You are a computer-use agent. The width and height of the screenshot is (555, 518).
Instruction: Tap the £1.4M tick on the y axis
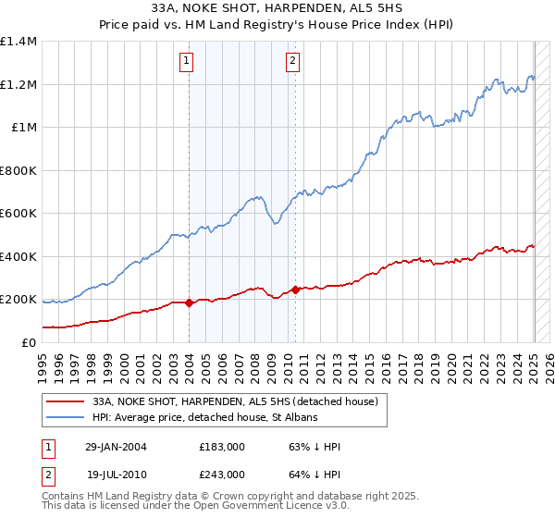point(18,42)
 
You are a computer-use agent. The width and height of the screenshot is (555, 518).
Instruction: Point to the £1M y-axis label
point(24,128)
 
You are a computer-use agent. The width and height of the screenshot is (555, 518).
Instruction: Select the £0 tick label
point(29,342)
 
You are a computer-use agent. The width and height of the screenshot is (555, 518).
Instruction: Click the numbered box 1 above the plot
point(187,62)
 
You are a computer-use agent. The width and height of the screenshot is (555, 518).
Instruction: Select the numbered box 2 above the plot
point(292,62)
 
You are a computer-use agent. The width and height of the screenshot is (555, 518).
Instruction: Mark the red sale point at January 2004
point(189,302)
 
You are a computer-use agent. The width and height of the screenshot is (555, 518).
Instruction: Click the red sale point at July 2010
point(295,290)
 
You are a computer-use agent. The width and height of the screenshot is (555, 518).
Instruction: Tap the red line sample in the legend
point(66,402)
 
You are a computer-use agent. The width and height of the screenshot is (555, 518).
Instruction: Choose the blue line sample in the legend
point(66,418)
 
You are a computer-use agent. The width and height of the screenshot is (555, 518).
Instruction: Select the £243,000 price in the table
point(221,474)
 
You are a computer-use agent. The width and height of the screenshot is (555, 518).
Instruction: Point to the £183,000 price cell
point(221,446)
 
